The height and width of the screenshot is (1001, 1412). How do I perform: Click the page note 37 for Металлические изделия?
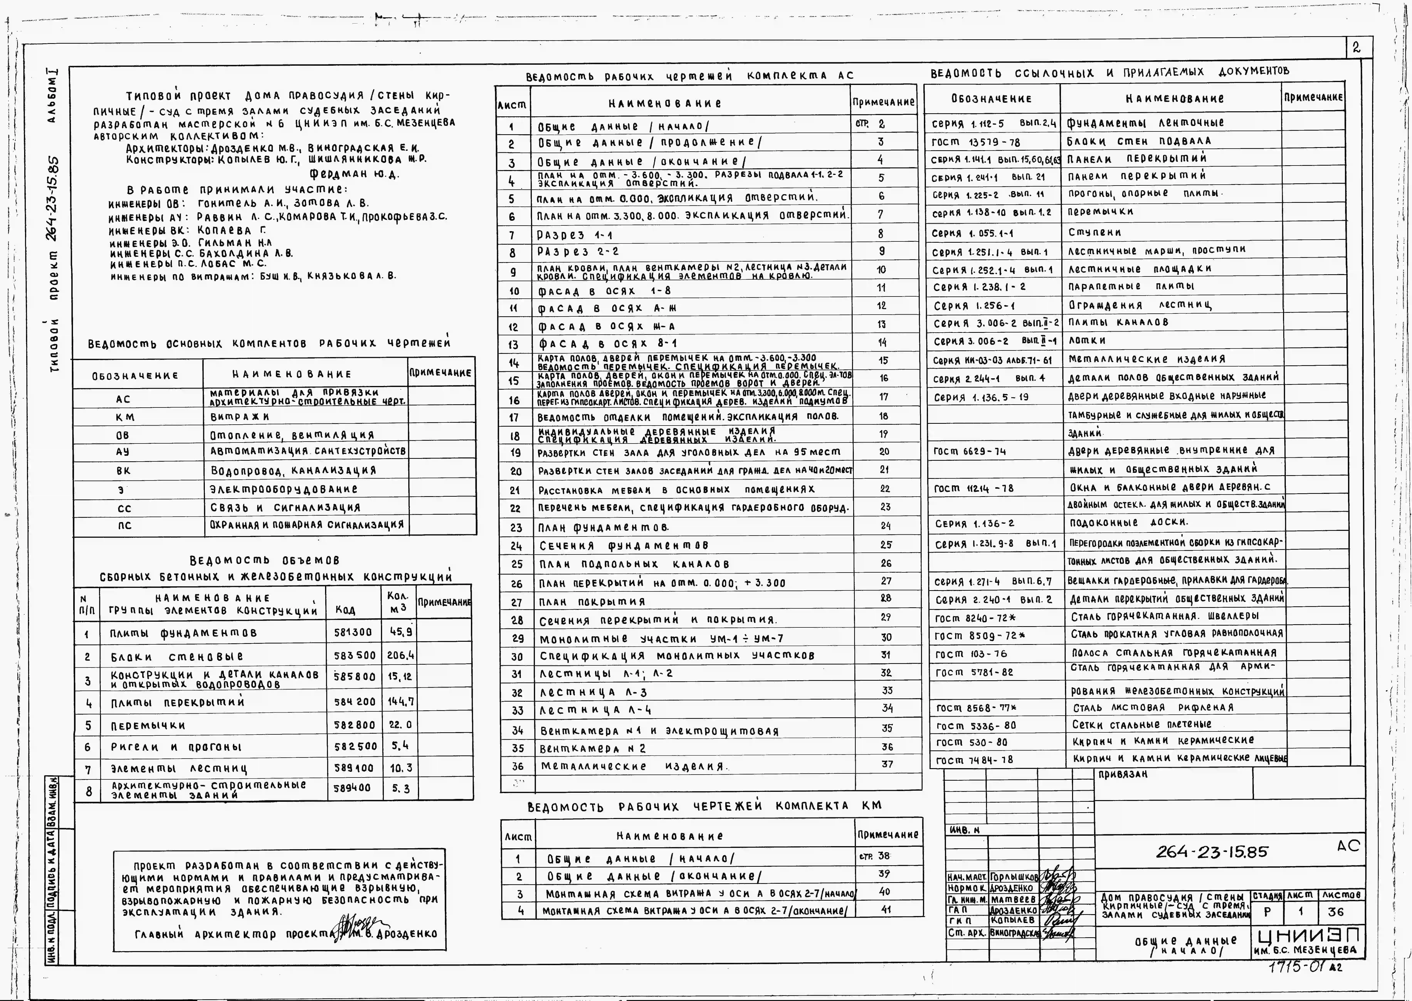click(887, 764)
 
